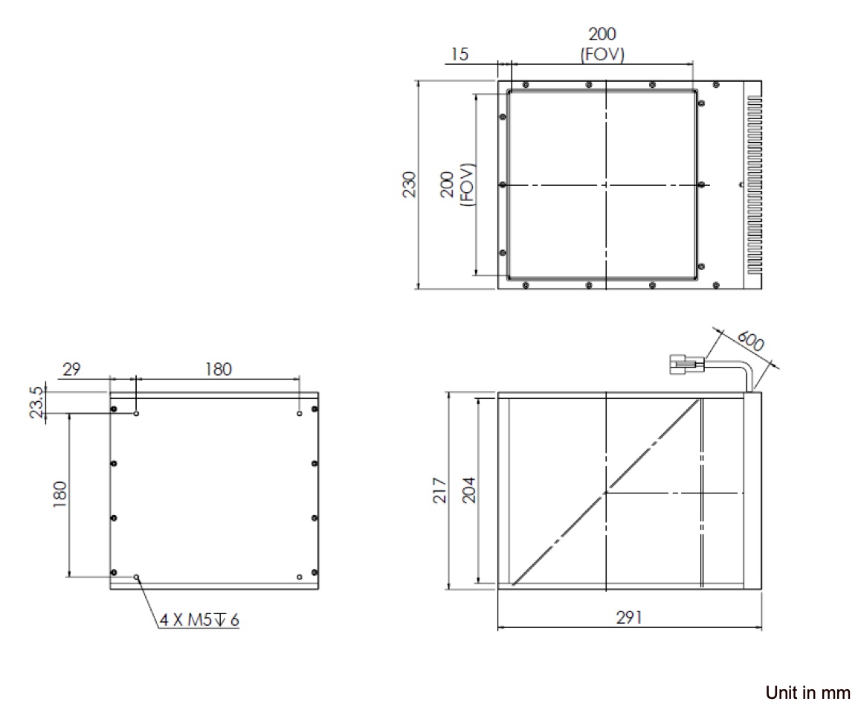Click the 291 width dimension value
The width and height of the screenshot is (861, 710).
coord(629,617)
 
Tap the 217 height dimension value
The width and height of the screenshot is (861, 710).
coord(440,490)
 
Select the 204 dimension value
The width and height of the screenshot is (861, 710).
coord(469,490)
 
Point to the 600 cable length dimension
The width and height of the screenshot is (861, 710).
coord(750,341)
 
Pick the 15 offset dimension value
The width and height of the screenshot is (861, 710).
coord(459,54)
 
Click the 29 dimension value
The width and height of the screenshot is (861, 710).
coord(71,368)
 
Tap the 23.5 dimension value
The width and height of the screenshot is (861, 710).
coord(36,402)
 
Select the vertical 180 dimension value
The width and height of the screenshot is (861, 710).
coord(59,494)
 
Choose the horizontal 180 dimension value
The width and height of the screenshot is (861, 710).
coord(218,368)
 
